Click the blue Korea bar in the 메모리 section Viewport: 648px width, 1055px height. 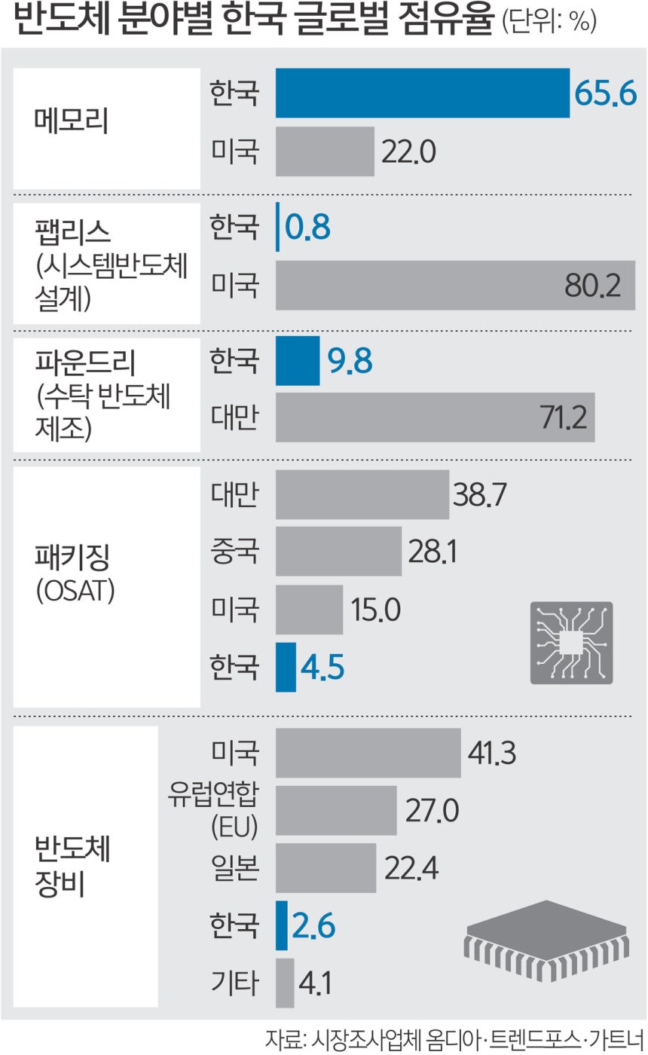point(422,93)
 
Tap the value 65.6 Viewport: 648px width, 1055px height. point(605,93)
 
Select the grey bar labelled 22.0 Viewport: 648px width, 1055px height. point(325,151)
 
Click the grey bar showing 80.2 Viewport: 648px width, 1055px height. point(455,285)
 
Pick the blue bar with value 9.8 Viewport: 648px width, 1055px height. point(298,361)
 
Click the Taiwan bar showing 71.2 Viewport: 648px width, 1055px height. point(435,417)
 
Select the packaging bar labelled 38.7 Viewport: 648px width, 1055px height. point(362,494)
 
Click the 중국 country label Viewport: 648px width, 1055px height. point(234,552)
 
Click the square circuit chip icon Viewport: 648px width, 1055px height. point(571,643)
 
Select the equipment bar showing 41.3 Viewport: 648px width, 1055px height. point(368,752)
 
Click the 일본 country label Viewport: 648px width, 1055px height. point(234,868)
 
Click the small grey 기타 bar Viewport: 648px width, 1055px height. point(285,983)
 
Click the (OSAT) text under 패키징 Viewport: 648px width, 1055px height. point(74,592)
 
